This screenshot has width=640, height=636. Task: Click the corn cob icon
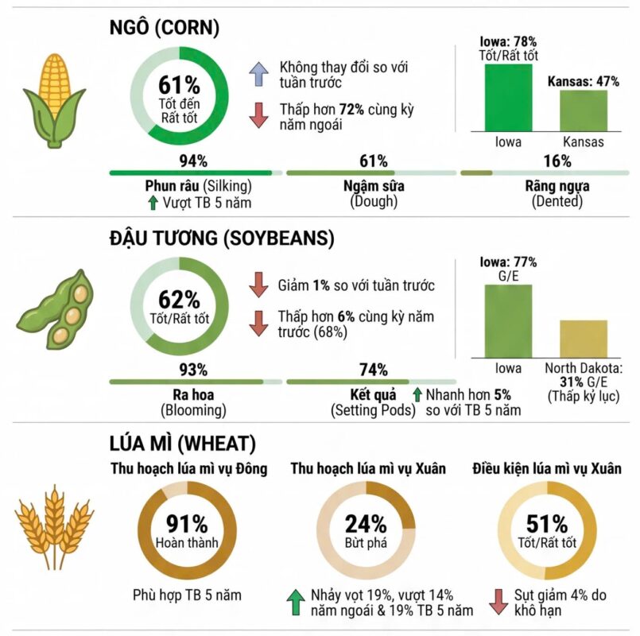(54, 100)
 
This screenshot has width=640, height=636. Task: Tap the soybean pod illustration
(55, 309)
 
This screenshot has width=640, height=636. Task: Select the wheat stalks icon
(54, 527)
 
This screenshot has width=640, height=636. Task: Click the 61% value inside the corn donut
(179, 85)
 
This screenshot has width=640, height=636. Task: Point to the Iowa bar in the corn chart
(508, 98)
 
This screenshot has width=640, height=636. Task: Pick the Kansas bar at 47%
(584, 111)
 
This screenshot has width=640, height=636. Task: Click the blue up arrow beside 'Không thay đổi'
(258, 74)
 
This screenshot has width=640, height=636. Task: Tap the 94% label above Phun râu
(193, 161)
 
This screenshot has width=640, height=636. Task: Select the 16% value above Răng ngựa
(557, 161)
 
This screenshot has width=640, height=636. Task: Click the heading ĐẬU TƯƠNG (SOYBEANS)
(222, 238)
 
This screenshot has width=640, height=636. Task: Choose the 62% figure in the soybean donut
(179, 299)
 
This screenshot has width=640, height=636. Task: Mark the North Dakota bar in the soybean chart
(584, 339)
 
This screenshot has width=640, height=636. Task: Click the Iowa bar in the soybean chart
(508, 321)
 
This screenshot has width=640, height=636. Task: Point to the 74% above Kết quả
(374, 370)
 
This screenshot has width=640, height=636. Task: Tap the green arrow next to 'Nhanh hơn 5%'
(417, 395)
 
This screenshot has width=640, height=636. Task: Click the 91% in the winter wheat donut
(187, 524)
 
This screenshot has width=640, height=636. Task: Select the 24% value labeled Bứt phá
(366, 524)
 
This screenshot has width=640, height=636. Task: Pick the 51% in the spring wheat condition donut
(547, 524)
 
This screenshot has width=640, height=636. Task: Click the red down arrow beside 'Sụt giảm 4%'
(498, 602)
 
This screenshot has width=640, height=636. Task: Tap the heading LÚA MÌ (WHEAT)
(182, 444)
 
